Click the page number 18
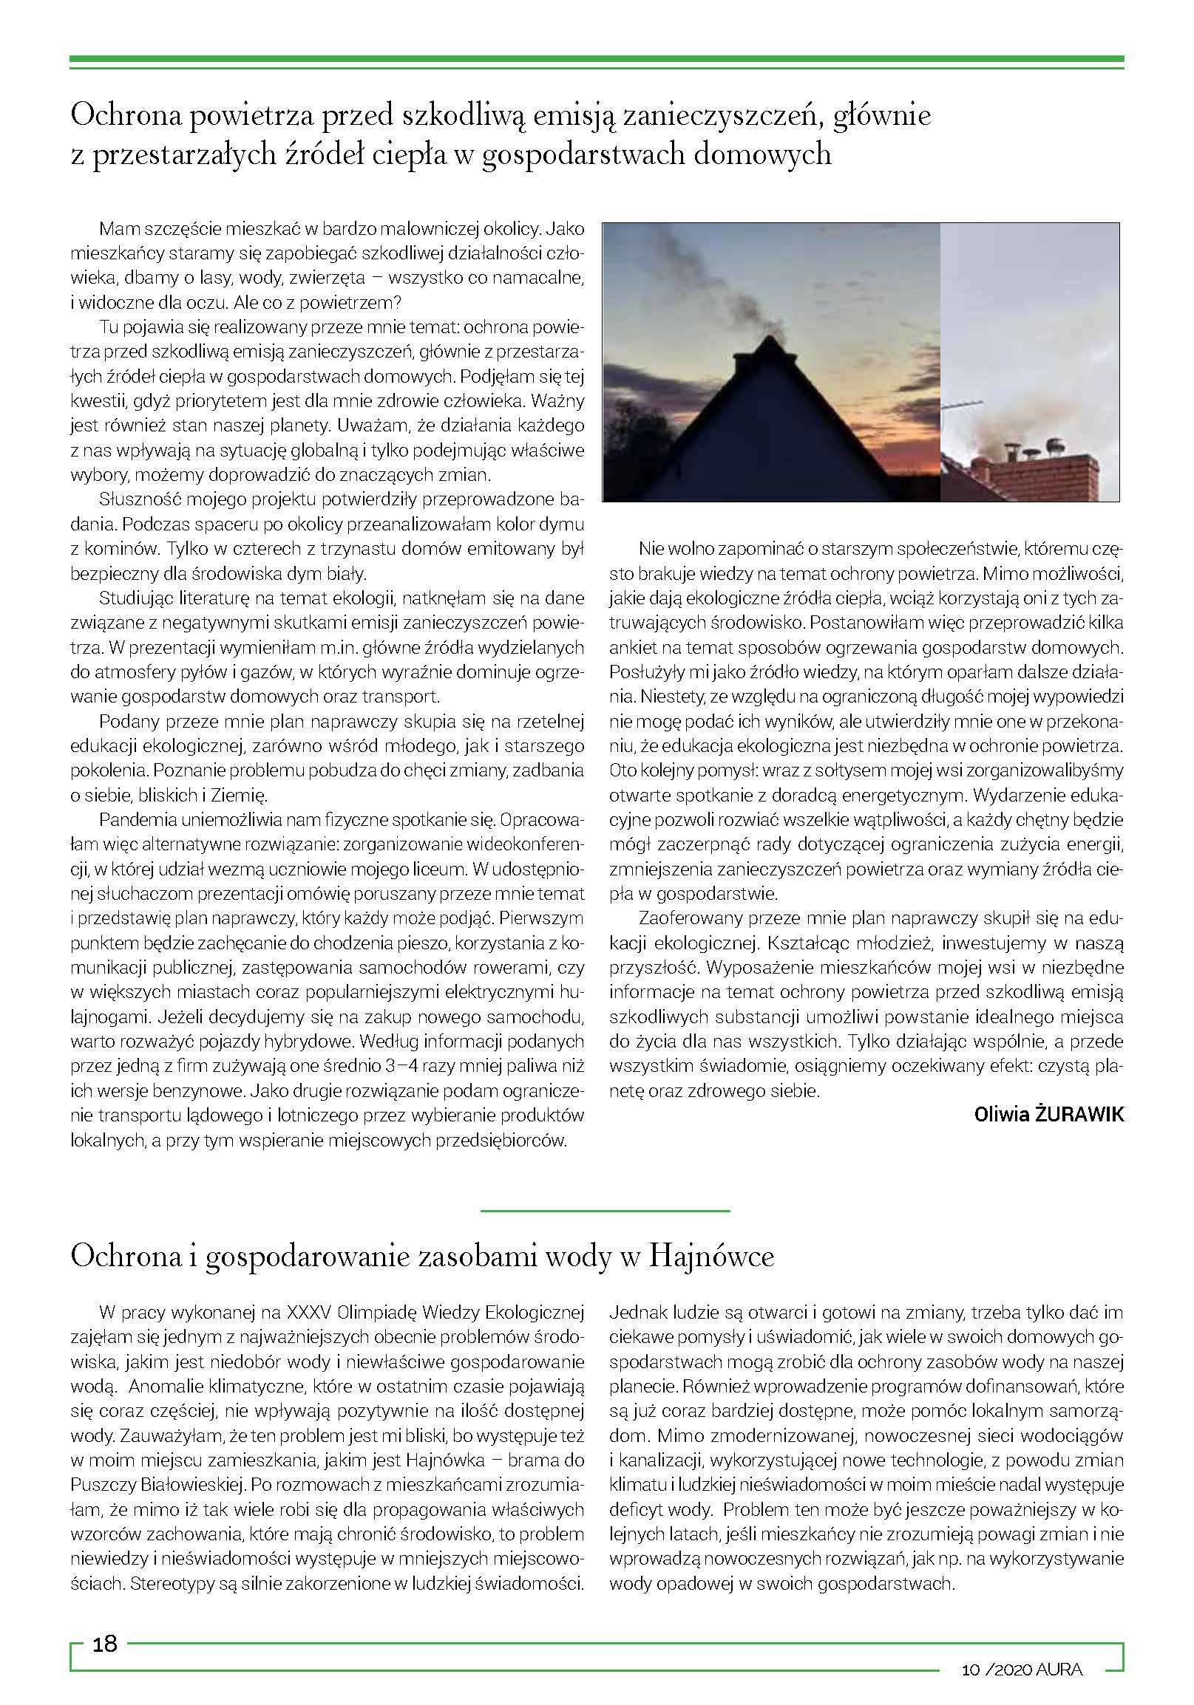pyautogui.click(x=105, y=1644)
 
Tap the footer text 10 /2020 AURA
pyautogui.click(x=1022, y=1670)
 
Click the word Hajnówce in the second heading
pyautogui.click(x=711, y=1256)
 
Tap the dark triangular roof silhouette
pyautogui.click(x=765, y=431)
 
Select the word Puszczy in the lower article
pyautogui.click(x=99, y=1484)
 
